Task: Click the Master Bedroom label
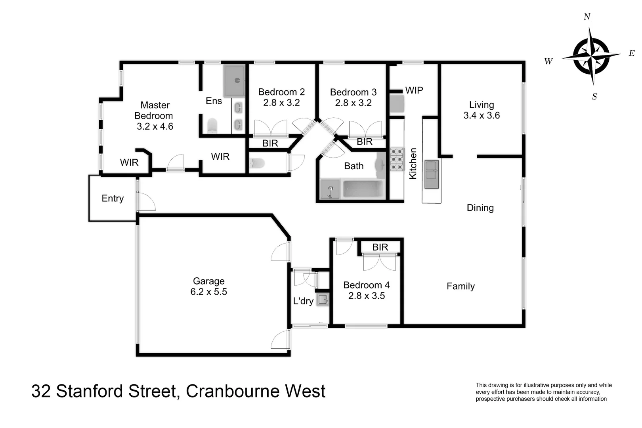pos(154,116)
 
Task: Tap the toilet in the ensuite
pos(212,126)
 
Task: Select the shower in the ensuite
pos(234,81)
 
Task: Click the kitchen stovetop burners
pos(396,159)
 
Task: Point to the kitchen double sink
pos(432,174)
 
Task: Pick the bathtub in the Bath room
pos(363,189)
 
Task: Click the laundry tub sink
pos(323,299)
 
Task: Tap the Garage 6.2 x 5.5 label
pos(208,287)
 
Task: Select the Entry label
pos(113,199)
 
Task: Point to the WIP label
pos(414,90)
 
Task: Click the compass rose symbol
pos(591,56)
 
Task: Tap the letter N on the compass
pos(587,17)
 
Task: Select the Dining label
pos(480,208)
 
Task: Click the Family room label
pos(460,286)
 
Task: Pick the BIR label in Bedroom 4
pos(380,247)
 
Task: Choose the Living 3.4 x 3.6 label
pos(481,110)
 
